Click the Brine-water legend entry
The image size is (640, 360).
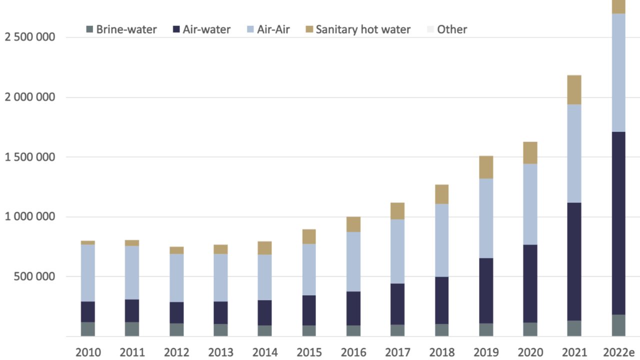pyautogui.click(x=121, y=29)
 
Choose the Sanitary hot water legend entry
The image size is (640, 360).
pyautogui.click(x=357, y=29)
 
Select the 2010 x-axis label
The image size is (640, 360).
pyautogui.click(x=88, y=352)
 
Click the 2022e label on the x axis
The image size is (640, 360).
pyautogui.click(x=618, y=352)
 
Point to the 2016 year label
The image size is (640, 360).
pyautogui.click(x=353, y=352)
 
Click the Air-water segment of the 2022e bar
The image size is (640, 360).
pyautogui.click(x=618, y=223)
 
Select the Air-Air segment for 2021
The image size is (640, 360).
pyautogui.click(x=573, y=153)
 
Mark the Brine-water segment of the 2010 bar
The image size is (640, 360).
pyautogui.click(x=88, y=329)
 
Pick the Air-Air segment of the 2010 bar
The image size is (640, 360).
pyautogui.click(x=88, y=273)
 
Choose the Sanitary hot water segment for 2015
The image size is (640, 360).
pyautogui.click(x=308, y=236)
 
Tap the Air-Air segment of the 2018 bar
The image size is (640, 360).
pyautogui.click(x=441, y=240)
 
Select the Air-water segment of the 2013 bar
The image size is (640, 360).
pyautogui.click(x=220, y=312)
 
